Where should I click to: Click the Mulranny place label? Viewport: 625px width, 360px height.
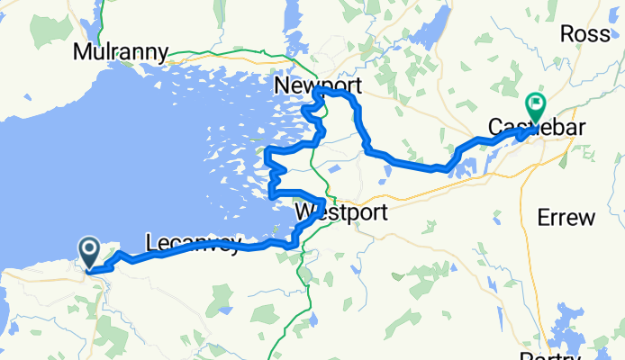[x=122, y=51]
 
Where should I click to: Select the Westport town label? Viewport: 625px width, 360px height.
[x=341, y=213]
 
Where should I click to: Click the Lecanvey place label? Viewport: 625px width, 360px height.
[x=193, y=243]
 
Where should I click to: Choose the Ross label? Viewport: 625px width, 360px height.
[x=585, y=33]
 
